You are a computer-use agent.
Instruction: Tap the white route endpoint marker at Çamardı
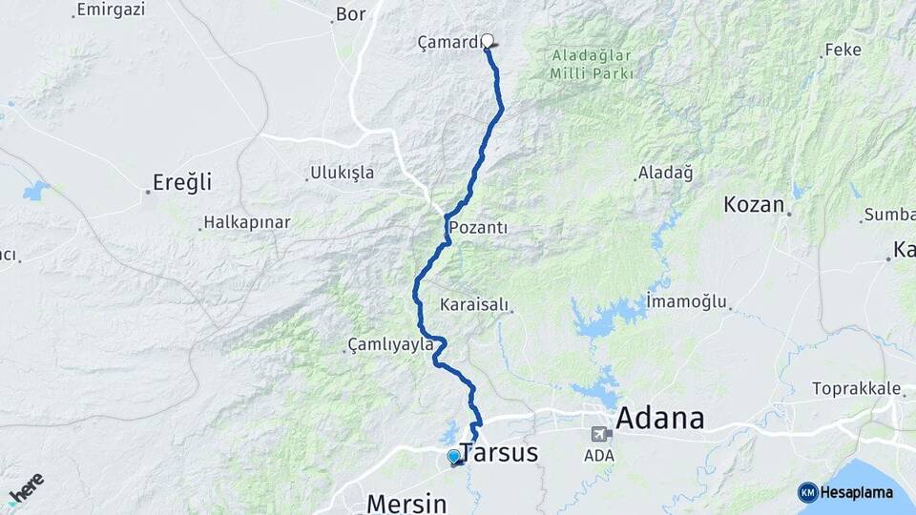(488, 41)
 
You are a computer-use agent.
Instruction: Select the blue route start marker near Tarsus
(454, 457)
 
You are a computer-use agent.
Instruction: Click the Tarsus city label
(499, 453)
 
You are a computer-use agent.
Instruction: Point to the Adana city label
(660, 418)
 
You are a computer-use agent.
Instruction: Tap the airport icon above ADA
(599, 433)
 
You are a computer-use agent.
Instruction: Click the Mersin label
(406, 502)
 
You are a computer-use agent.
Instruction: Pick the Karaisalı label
(475, 305)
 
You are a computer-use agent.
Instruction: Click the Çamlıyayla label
(390, 344)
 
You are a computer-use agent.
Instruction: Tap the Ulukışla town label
(342, 174)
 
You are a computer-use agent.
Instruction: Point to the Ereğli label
(182, 182)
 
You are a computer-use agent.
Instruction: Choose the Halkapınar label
(245, 222)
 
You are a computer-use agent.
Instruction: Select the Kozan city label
(754, 204)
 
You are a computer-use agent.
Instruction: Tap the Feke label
(843, 50)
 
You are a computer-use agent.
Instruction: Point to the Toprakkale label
(857, 388)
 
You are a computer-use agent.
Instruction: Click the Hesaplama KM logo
(845, 492)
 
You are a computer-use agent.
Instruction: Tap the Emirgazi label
(110, 10)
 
